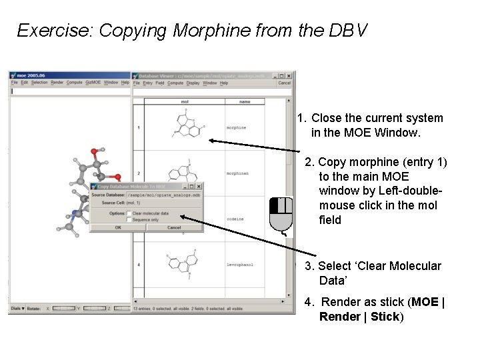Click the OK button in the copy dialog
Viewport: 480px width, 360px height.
[x=118, y=227]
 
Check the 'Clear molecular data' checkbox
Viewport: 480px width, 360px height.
[x=129, y=213]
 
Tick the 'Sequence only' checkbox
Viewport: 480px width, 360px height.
[x=129, y=219]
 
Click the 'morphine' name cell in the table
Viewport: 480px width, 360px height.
[x=237, y=127]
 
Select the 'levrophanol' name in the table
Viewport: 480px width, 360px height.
[x=239, y=265]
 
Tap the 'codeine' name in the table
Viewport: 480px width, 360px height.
[x=235, y=219]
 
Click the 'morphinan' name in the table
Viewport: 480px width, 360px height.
[x=238, y=173]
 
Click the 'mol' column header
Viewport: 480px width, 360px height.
[x=185, y=102]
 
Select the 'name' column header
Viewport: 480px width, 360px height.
[x=245, y=102]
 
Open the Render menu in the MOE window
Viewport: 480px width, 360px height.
[x=57, y=83]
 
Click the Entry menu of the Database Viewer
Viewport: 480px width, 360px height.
[x=148, y=83]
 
